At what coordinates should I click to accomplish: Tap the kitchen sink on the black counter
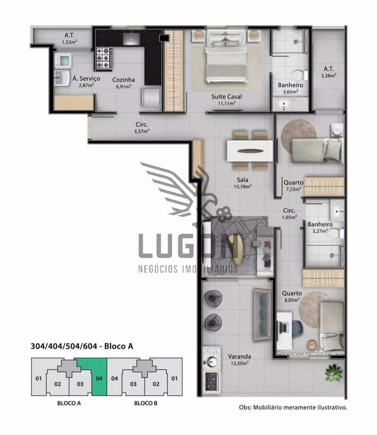tap(131, 38)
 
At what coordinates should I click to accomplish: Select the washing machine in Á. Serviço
tap(63, 61)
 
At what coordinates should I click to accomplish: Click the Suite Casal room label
tap(226, 96)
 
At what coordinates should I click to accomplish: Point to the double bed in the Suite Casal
tap(226, 56)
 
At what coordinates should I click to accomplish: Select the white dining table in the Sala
tap(250, 151)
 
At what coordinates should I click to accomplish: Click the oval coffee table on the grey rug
tap(238, 250)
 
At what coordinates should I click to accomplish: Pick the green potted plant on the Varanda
tap(333, 373)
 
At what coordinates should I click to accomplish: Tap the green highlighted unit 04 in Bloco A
tap(99, 377)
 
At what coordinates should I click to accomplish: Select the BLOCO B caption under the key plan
tap(146, 403)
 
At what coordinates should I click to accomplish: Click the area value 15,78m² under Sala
tap(243, 186)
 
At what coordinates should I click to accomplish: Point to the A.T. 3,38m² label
tap(329, 72)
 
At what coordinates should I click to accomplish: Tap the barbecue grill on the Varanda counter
tap(212, 382)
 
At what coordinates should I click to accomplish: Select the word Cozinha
tap(124, 80)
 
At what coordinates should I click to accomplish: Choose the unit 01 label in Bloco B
tap(174, 379)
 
